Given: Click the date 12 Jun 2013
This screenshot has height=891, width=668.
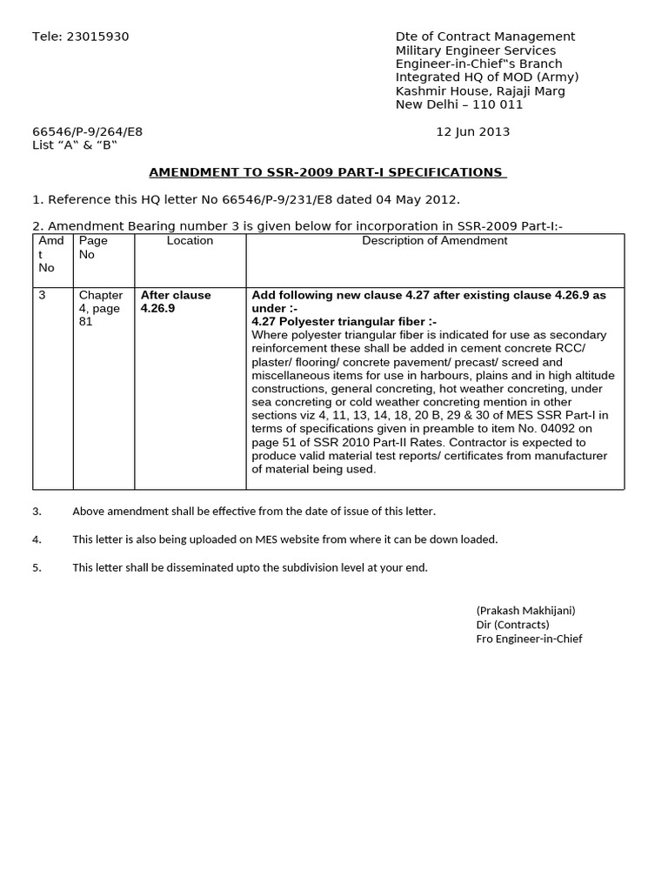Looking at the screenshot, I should point(472,132).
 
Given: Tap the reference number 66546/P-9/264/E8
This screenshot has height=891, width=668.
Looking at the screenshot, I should point(87,132).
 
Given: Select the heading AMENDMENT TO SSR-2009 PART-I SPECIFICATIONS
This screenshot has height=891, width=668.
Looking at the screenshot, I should point(327,172).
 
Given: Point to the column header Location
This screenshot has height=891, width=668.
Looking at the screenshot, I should point(190,241).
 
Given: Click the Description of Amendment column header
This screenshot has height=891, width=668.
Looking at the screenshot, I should point(435,241).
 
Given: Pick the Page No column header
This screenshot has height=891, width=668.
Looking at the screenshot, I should point(93,247).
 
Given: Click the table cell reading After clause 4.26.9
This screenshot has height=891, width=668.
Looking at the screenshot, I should point(176,302).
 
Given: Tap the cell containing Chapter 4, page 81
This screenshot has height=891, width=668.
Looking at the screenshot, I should point(100,308).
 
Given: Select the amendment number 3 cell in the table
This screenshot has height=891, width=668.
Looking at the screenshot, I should point(42,295).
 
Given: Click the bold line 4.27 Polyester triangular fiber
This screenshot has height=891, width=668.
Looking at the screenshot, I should point(344,322).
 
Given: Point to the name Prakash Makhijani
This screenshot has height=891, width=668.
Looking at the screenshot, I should point(525,611).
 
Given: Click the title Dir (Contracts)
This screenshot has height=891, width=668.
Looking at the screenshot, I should point(512,625).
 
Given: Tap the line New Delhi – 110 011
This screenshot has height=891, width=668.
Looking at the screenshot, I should point(459,104).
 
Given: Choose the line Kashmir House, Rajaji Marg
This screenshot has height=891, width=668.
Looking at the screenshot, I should point(480,91).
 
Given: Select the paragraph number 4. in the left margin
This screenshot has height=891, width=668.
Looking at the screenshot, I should point(37,539).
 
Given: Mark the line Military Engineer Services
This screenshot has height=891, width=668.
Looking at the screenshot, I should point(475,50).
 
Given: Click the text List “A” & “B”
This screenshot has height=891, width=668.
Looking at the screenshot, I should point(74,145).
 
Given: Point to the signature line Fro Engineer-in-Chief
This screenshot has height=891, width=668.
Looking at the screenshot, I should point(529,639).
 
